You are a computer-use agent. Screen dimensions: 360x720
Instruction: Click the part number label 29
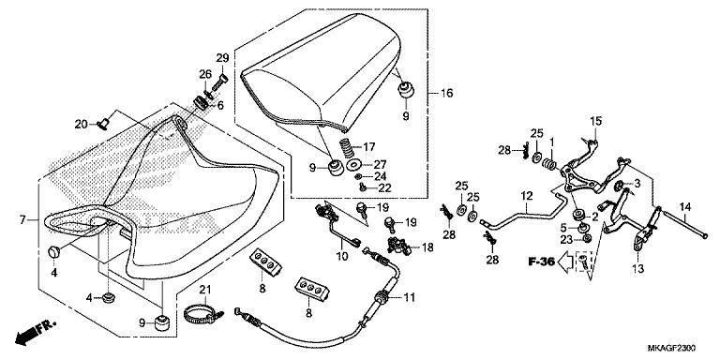(222, 58)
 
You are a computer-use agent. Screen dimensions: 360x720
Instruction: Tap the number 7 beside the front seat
(22, 219)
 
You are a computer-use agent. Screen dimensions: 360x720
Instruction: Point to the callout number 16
(447, 94)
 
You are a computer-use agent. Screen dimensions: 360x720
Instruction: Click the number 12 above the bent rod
(527, 196)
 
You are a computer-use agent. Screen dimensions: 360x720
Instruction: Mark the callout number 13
(639, 269)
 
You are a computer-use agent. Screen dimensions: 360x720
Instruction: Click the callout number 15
(594, 122)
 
